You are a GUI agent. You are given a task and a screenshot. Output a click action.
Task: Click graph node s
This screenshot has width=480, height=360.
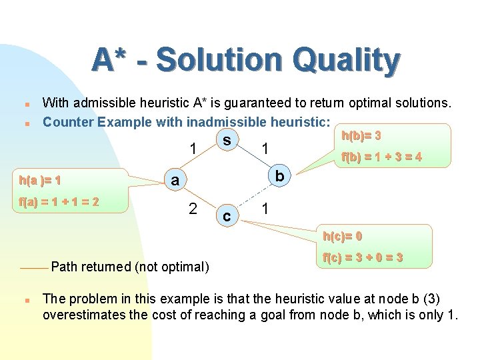(x=227, y=141)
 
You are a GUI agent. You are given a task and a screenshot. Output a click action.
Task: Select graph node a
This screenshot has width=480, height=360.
(x=174, y=180)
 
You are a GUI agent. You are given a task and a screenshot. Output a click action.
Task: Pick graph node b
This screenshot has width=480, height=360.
(x=281, y=175)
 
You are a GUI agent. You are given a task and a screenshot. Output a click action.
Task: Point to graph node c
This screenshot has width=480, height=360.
(x=227, y=217)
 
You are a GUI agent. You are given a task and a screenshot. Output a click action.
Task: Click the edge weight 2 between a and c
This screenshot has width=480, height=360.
(x=192, y=209)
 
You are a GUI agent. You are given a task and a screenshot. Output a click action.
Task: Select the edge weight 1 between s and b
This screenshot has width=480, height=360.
(x=265, y=148)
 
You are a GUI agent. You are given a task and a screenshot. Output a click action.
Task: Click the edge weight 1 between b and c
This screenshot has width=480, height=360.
(x=265, y=209)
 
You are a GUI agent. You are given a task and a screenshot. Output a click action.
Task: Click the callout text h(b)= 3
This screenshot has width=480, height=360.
(x=361, y=136)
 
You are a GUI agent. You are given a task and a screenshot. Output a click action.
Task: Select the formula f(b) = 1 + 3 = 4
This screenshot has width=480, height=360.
(x=381, y=158)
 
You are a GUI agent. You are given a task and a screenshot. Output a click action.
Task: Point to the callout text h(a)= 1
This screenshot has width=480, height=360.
(x=41, y=180)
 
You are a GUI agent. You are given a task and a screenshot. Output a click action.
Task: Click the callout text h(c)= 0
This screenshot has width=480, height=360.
(x=342, y=236)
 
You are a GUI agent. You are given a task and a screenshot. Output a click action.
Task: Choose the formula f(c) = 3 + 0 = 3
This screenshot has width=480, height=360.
(x=362, y=257)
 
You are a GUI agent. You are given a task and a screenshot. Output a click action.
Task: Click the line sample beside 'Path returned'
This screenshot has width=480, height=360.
(x=33, y=267)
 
